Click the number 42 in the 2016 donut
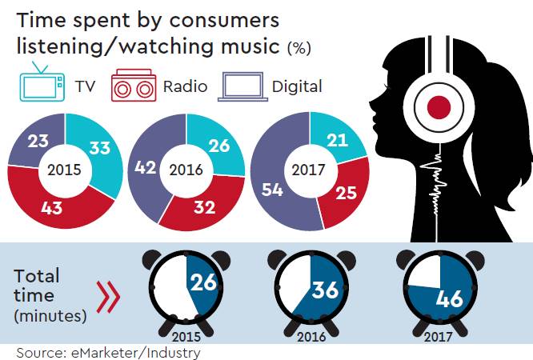pyautogui.click(x=146, y=169)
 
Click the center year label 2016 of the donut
pyautogui.click(x=186, y=170)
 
